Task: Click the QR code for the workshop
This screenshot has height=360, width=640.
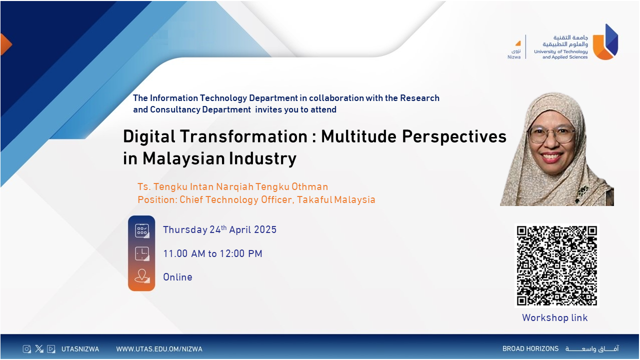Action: [556, 265]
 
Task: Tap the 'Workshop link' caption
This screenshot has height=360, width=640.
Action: [554, 318]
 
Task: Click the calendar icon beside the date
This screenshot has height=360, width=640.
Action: [141, 230]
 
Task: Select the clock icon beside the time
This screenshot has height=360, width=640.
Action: [141, 253]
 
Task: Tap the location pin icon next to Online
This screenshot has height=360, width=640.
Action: [141, 276]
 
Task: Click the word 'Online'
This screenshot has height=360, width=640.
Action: [177, 277]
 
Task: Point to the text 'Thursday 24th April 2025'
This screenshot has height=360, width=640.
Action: [219, 230]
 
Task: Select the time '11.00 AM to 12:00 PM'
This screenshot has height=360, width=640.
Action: [212, 254]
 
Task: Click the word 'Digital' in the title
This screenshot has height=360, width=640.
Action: [153, 136]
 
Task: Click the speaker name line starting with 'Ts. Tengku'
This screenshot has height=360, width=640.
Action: [232, 187]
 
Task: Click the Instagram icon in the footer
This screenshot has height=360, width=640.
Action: [26, 349]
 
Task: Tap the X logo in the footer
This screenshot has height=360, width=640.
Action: [39, 349]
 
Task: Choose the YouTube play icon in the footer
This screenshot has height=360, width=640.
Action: [51, 349]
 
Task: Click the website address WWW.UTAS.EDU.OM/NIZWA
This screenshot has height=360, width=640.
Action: [159, 349]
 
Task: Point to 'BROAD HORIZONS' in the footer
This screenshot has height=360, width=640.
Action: [530, 349]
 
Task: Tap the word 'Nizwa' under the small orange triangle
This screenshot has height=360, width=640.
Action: [513, 57]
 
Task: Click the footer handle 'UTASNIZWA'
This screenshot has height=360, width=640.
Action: [80, 349]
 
